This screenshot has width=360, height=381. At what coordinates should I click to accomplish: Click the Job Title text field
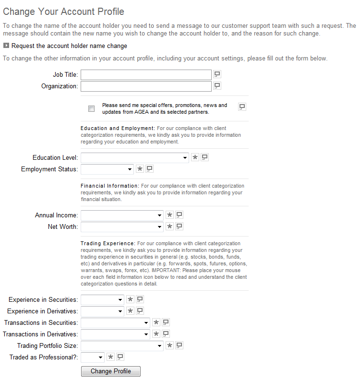point(146,75)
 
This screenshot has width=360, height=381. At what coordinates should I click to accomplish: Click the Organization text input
point(146,86)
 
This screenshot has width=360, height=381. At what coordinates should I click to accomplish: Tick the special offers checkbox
point(92,109)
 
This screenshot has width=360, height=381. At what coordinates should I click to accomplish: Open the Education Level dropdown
point(135,157)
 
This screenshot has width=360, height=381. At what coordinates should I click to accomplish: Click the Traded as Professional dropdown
point(93,357)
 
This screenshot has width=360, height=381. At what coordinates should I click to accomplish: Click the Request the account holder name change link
point(69,46)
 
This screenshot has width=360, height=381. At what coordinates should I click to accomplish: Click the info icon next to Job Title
point(217,74)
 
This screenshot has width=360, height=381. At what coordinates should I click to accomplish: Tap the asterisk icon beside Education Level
point(195,157)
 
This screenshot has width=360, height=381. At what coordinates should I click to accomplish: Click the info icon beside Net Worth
point(179,226)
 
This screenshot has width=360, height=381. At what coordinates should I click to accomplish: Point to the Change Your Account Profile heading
point(63,12)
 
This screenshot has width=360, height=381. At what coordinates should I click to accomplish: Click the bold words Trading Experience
point(108,243)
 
